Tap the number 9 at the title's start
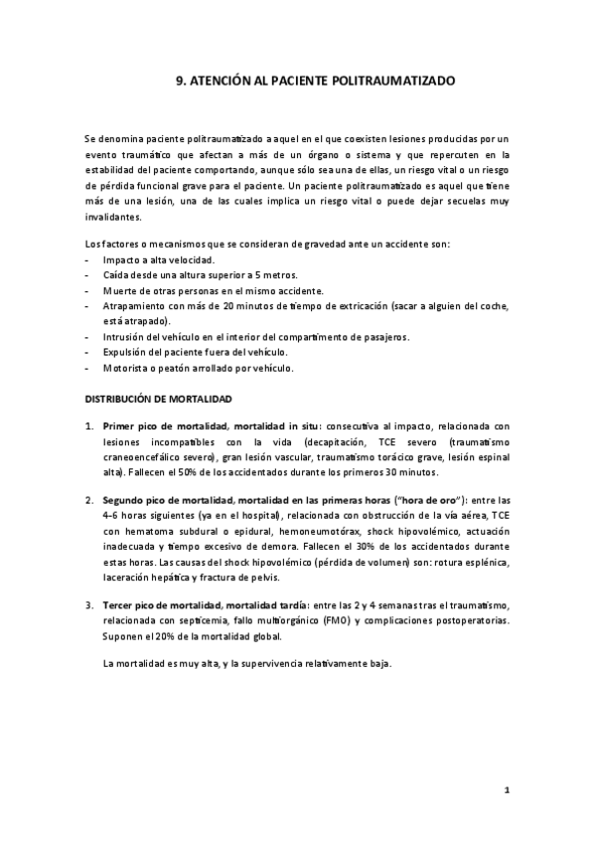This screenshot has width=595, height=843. (x=164, y=84)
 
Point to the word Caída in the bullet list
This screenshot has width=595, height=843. (x=115, y=274)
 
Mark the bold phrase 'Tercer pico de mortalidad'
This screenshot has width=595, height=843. (x=160, y=604)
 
